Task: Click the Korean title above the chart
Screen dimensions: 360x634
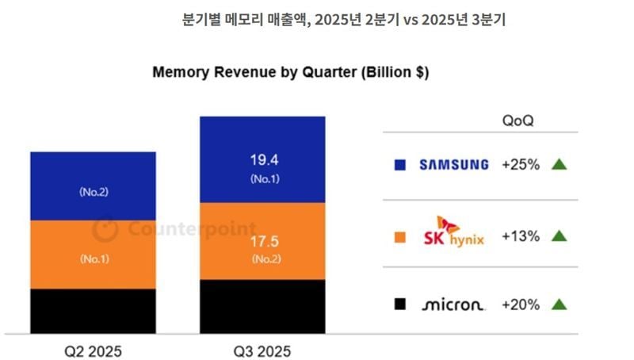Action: click(343, 21)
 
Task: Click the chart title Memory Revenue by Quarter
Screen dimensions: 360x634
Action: click(290, 72)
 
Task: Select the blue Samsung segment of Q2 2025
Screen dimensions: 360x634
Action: click(93, 186)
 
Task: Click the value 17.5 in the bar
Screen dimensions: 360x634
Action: click(262, 240)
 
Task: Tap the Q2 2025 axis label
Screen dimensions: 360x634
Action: click(94, 350)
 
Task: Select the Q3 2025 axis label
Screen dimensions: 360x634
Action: click(263, 350)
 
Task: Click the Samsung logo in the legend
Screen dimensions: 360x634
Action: click(454, 165)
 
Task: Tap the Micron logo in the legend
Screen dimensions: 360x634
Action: click(454, 304)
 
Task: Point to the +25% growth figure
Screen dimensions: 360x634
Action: click(521, 165)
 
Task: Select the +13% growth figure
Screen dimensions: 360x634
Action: click(521, 236)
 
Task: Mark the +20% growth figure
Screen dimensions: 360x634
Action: click(521, 304)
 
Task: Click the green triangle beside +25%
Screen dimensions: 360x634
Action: click(559, 165)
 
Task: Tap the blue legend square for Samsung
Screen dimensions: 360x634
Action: click(400, 165)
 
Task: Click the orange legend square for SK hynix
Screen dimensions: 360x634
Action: click(400, 236)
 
